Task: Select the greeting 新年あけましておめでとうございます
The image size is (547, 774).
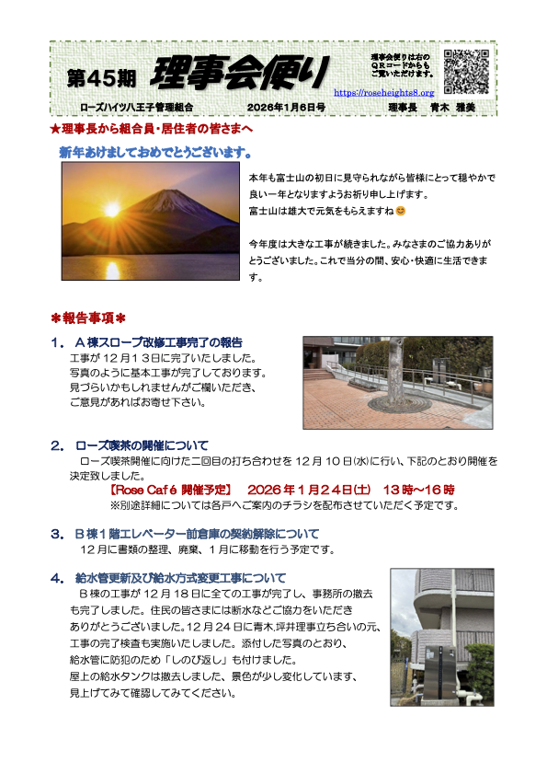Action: tap(156, 150)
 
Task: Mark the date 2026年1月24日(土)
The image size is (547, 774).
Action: tap(309, 490)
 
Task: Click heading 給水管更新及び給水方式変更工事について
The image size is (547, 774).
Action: tap(180, 578)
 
